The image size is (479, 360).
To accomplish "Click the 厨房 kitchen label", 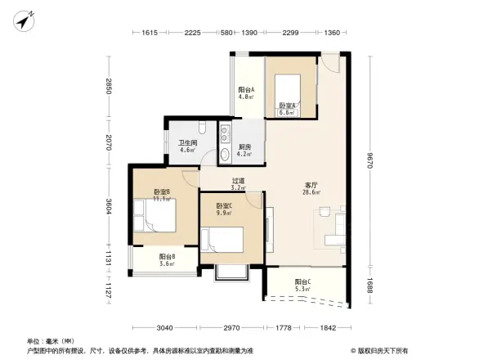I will pyautogui.click(x=244, y=149).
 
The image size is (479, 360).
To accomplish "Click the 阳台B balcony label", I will pyautogui.click(x=167, y=259).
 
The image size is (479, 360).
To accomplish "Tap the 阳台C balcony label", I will pyautogui.click(x=302, y=284).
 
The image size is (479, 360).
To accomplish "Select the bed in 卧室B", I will pyautogui.click(x=155, y=219).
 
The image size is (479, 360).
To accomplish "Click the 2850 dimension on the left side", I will pyautogui.click(x=107, y=87).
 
